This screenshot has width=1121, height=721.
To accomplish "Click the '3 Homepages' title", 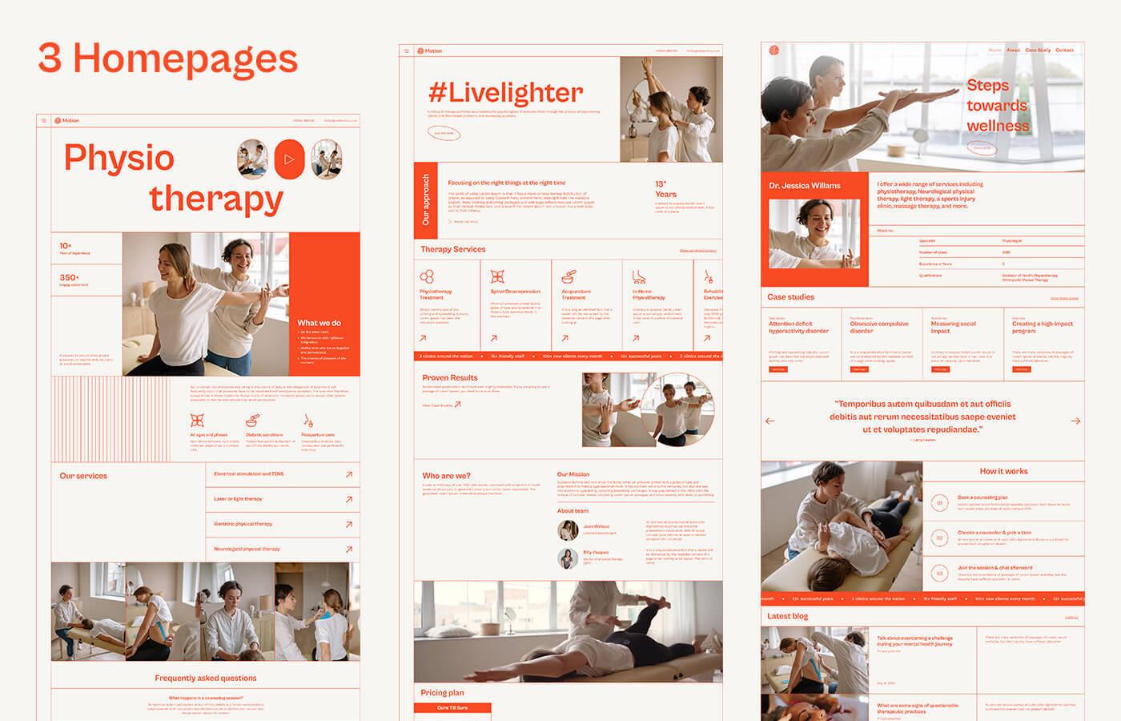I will click(x=168, y=58).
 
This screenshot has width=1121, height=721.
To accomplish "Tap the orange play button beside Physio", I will click(x=289, y=159).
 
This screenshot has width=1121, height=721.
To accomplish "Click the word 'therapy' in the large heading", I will click(x=216, y=199).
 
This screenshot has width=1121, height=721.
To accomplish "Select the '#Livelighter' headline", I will click(x=505, y=92).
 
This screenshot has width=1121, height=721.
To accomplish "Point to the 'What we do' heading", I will click(x=319, y=323).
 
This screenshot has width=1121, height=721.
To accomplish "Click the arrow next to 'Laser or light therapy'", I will click(x=349, y=499).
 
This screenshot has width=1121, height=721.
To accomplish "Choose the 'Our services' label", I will click(x=83, y=476).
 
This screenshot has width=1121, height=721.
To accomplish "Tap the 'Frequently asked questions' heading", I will click(x=206, y=678).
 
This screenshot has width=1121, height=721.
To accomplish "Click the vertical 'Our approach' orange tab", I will click(x=426, y=199).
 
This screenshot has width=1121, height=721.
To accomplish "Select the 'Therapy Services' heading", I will click(x=453, y=249).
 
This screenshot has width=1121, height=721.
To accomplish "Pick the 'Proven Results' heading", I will click(x=450, y=377).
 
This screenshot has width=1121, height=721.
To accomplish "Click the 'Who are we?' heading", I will click(x=447, y=476).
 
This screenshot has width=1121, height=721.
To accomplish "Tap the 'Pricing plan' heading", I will click(x=442, y=692).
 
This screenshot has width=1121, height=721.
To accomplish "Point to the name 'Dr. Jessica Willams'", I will click(x=805, y=185).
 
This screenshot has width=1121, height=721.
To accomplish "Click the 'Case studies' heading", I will click(x=791, y=297).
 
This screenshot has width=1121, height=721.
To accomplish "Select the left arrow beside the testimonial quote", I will click(x=770, y=421).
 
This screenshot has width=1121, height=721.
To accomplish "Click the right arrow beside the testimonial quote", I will click(x=1075, y=421).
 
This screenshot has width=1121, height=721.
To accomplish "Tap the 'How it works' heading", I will click(x=1003, y=471).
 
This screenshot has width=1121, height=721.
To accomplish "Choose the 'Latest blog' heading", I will click(x=788, y=616).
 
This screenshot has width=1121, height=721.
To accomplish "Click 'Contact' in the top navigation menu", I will click(x=1064, y=50).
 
